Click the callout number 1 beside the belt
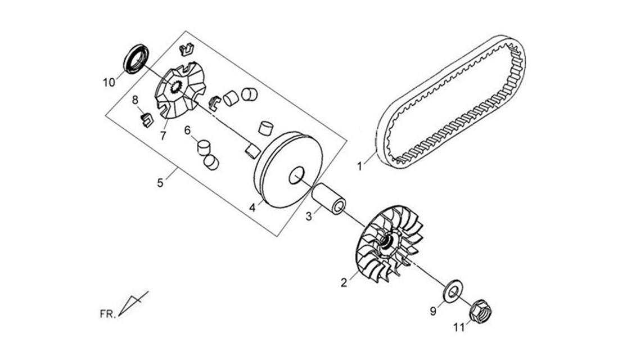(359, 166)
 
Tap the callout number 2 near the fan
(344, 283)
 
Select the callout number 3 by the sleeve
(309, 217)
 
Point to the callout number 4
(252, 208)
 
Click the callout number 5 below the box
(160, 183)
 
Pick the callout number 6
(188, 130)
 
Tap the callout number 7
(163, 136)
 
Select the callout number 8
(135, 100)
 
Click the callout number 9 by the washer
(433, 312)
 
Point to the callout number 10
(109, 83)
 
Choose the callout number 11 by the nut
(459, 328)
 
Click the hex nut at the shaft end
(480, 311)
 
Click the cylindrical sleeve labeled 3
(329, 199)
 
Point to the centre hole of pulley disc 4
(297, 175)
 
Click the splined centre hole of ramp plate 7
(175, 87)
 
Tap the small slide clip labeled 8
(147, 120)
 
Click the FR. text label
(108, 314)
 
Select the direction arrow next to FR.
(133, 304)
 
